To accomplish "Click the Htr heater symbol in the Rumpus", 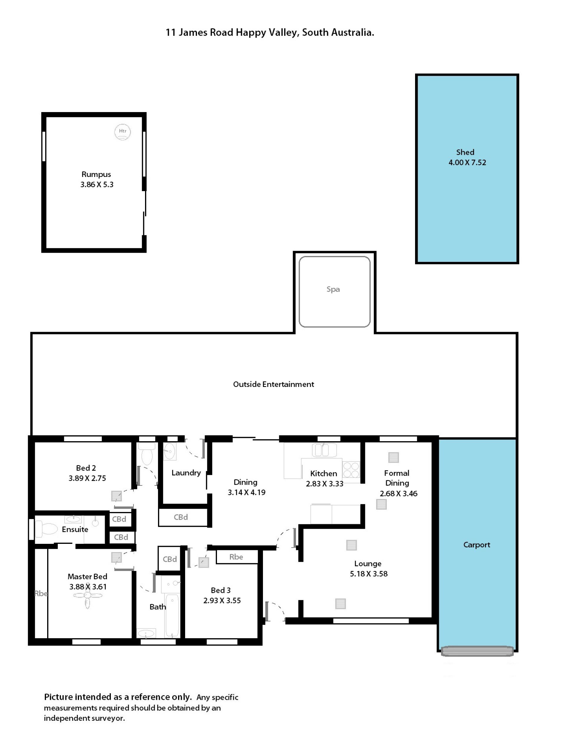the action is (122, 132).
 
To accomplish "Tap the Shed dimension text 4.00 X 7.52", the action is (467, 163).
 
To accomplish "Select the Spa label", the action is (333, 289).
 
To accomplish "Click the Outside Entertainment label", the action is (273, 384).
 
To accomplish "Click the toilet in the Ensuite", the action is (46, 529).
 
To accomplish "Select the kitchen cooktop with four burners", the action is (351, 470).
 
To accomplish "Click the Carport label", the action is (476, 545).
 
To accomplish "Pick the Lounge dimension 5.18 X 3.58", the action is (368, 574).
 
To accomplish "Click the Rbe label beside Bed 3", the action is (236, 557).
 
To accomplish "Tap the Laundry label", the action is (186, 473).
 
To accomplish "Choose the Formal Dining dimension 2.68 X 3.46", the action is (399, 493).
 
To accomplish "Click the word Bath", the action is (158, 607).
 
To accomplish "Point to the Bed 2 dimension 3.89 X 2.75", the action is (87, 478).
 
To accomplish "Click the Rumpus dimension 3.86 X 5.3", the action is (97, 185).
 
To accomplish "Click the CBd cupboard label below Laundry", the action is (181, 517).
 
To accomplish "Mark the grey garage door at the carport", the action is (477, 651).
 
